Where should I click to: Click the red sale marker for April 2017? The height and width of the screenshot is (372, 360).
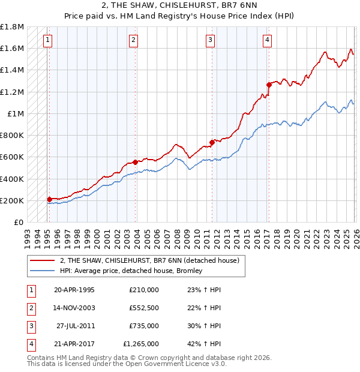tap(269, 85)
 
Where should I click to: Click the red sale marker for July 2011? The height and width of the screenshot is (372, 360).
tap(212, 142)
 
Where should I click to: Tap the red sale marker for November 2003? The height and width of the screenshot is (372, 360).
tap(136, 161)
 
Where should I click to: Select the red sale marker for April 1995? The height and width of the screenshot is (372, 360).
tap(49, 199)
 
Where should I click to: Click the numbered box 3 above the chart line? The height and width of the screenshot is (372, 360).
tap(211, 40)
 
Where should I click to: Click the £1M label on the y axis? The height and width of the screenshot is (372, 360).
tap(16, 113)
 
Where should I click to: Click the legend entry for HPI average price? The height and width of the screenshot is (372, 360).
tap(131, 271)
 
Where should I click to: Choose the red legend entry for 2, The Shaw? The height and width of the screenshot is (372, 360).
tap(149, 260)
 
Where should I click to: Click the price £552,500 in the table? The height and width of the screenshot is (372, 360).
tap(144, 307)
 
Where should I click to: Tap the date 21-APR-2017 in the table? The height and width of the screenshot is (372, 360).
tap(74, 344)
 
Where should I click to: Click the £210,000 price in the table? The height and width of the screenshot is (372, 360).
tap(144, 289)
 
